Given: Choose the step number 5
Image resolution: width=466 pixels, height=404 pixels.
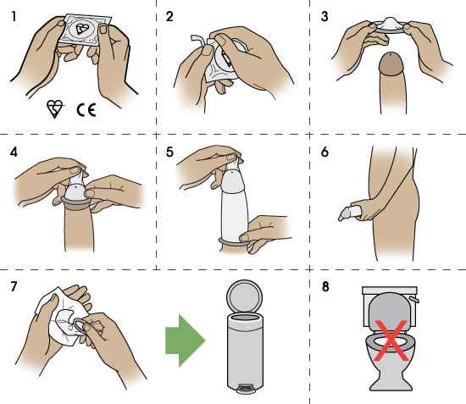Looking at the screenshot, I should click(169, 155).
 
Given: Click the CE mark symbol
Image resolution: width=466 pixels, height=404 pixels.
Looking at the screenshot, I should click(86, 108).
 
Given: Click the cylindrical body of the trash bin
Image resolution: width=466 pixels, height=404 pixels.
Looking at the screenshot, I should click(246, 351).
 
